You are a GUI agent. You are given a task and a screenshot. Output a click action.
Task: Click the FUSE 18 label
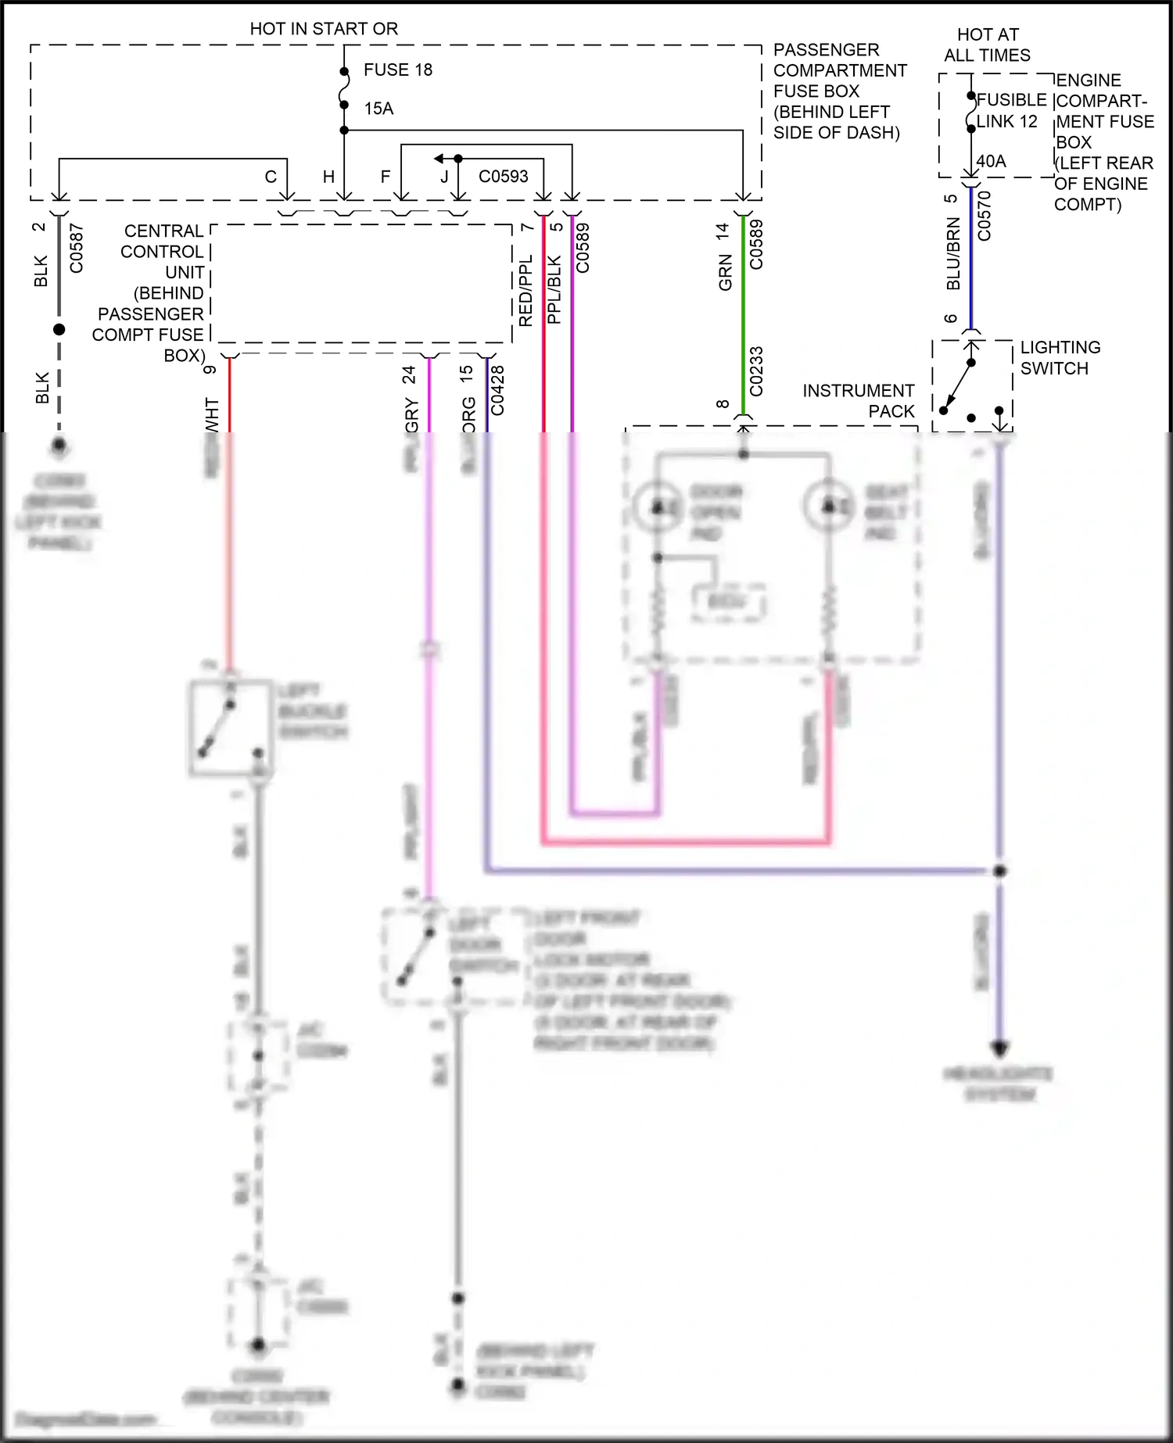pyautogui.click(x=397, y=70)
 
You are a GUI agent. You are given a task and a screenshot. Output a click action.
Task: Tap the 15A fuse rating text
pyautogui.click(x=378, y=109)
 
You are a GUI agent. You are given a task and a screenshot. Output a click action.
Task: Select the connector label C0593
pyautogui.click(x=503, y=177)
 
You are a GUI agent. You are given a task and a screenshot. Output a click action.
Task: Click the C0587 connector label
pyautogui.click(x=77, y=249)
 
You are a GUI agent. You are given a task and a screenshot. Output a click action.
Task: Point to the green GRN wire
pyautogui.click(x=743, y=313)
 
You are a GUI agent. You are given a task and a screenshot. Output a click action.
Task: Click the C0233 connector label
pyautogui.click(x=756, y=371)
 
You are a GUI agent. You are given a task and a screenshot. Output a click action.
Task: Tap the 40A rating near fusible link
pyautogui.click(x=991, y=162)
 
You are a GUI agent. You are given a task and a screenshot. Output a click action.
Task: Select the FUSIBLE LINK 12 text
pyautogui.click(x=1010, y=111)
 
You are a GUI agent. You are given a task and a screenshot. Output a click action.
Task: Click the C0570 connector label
pyautogui.click(x=985, y=216)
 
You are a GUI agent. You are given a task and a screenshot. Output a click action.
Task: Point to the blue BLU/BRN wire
pyautogui.click(x=971, y=258)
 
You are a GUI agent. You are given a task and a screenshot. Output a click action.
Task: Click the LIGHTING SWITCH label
pyautogui.click(x=1060, y=358)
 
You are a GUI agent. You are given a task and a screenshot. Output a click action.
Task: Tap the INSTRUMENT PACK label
pyautogui.click(x=859, y=401)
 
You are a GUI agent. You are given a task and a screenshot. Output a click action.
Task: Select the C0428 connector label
pyautogui.click(x=497, y=389)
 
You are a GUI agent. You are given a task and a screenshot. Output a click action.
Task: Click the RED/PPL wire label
pyautogui.click(x=526, y=290)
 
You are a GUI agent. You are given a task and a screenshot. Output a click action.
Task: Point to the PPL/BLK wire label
pyautogui.click(x=554, y=290)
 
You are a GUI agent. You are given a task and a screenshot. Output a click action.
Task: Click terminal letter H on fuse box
pyautogui.click(x=329, y=177)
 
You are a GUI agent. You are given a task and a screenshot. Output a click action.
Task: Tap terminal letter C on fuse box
pyautogui.click(x=271, y=177)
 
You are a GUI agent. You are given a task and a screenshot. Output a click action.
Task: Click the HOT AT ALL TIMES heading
pyautogui.click(x=987, y=45)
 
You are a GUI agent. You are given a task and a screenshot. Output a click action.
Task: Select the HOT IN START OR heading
pyautogui.click(x=324, y=29)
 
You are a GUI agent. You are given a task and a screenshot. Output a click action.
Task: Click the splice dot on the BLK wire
pyautogui.click(x=59, y=330)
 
